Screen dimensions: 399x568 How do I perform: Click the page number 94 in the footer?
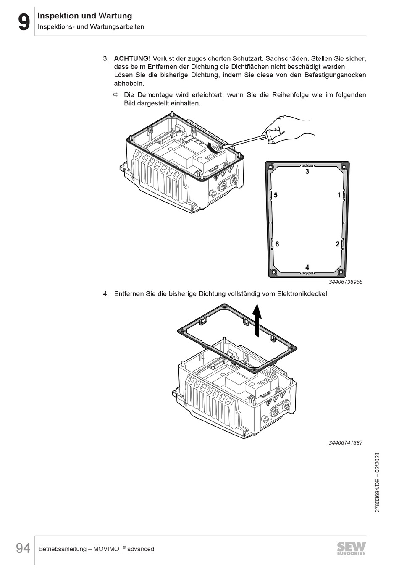click(24, 548)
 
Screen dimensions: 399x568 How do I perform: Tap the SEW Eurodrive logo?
click(351, 548)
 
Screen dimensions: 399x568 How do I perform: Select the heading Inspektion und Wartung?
click(85, 16)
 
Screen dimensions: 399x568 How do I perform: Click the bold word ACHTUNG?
click(132, 58)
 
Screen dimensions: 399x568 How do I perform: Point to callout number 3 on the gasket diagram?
click(307, 172)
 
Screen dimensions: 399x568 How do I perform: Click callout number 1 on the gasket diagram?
click(339, 195)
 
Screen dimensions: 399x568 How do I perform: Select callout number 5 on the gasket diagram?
click(276, 195)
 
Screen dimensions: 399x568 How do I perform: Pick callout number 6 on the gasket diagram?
click(277, 244)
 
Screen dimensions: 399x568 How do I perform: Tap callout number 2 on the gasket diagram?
click(337, 244)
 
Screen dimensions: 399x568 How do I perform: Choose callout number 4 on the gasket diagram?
click(307, 267)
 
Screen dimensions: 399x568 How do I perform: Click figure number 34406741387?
click(345, 443)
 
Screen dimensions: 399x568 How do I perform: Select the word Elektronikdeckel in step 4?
click(303, 294)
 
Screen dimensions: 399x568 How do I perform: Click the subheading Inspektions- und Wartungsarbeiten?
click(91, 27)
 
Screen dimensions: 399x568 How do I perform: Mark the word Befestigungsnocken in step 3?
click(336, 75)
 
